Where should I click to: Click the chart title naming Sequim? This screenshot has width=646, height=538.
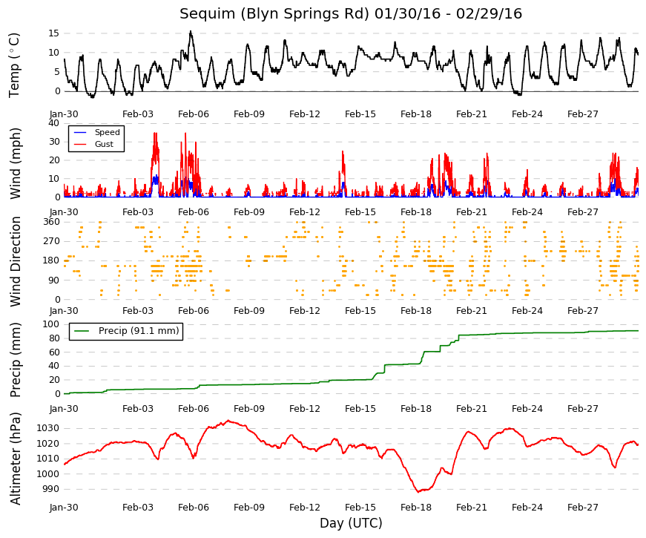click(351, 13)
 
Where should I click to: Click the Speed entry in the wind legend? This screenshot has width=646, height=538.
click(107, 132)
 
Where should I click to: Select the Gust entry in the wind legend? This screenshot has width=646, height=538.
click(104, 144)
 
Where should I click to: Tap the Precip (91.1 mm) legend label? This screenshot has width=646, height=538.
click(139, 331)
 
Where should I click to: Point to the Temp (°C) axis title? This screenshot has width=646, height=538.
click(14, 65)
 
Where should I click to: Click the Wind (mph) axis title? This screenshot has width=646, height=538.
click(15, 163)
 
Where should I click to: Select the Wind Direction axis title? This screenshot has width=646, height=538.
click(16, 261)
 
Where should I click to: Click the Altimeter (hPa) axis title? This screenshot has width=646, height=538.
click(16, 458)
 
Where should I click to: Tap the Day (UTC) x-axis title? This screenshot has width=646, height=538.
click(351, 523)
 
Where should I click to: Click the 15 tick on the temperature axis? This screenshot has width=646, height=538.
click(54, 33)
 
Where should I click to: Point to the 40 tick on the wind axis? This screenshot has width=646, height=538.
click(54, 123)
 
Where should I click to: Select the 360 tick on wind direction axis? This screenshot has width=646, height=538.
click(51, 221)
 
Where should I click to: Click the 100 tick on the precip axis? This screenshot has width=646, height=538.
click(51, 324)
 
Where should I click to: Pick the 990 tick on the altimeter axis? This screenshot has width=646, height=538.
click(51, 489)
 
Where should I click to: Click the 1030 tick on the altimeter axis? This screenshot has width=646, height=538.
click(48, 428)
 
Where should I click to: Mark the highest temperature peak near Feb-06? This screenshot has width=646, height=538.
click(191, 31)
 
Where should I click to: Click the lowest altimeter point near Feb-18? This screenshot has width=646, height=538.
click(418, 492)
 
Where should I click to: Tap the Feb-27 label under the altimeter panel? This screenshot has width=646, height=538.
click(582, 508)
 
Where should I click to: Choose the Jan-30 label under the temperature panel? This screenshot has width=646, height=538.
click(64, 114)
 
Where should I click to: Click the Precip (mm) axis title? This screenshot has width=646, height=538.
click(16, 360)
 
